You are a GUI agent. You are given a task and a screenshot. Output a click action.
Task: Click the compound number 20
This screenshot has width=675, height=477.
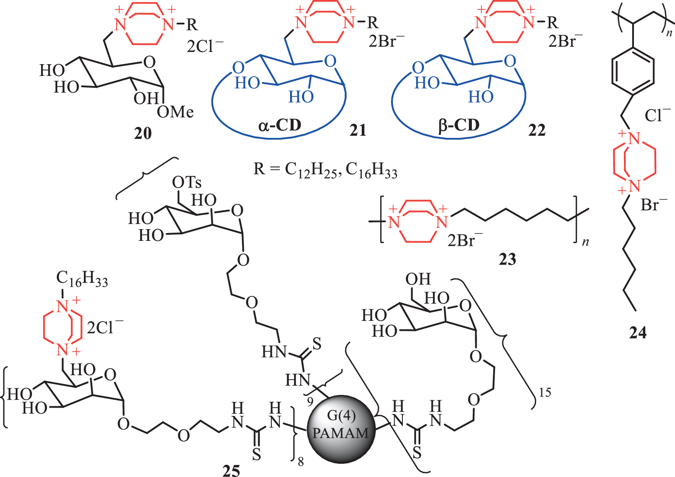(x=143, y=133)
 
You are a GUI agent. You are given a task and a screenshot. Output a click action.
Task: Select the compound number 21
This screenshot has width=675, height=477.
(x=358, y=130)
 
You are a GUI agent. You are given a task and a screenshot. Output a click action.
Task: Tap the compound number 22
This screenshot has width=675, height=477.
(x=537, y=130)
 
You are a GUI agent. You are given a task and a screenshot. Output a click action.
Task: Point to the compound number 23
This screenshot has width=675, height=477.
(x=508, y=259)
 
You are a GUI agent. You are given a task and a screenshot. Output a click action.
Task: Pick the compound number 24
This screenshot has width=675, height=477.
(x=638, y=333)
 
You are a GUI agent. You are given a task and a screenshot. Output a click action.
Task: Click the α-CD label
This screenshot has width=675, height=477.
(x=280, y=125)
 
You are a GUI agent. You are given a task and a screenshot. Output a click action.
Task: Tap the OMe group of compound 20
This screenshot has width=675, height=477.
(x=175, y=112)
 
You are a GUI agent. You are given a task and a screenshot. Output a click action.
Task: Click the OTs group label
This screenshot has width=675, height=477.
(x=187, y=182)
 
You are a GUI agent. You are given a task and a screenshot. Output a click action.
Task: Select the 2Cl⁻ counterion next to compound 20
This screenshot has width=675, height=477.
(x=205, y=46)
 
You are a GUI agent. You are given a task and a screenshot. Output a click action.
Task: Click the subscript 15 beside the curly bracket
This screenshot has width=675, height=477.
(x=545, y=393)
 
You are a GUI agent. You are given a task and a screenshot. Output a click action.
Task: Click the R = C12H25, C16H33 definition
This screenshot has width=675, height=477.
(x=325, y=170)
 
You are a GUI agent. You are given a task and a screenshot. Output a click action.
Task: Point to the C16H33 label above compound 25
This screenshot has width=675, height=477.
(x=82, y=279)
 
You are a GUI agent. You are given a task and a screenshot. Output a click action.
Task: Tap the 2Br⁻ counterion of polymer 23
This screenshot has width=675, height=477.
(x=465, y=240)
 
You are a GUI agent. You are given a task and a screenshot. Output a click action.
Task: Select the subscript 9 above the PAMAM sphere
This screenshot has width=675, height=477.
(x=310, y=402)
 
